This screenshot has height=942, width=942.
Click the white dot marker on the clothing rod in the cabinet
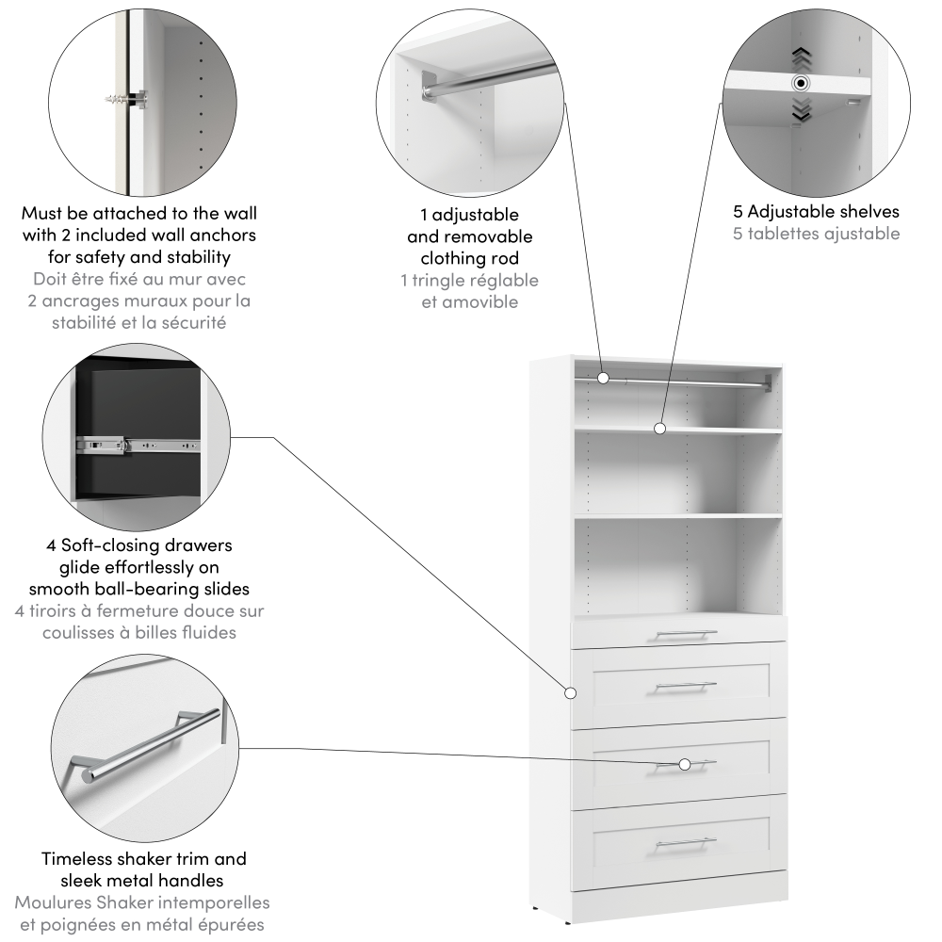pyautogui.click(x=603, y=378)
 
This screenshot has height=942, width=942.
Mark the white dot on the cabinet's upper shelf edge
pyautogui.click(x=659, y=429)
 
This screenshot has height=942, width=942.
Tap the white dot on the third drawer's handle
pyautogui.click(x=684, y=764)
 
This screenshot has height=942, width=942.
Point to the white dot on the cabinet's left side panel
pyautogui.click(x=570, y=693)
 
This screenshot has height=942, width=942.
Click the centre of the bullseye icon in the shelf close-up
pyautogui.click(x=800, y=83)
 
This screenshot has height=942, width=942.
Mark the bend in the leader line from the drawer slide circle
pyautogui.click(x=274, y=437)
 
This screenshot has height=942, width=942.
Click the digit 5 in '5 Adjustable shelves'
pyautogui.click(x=738, y=211)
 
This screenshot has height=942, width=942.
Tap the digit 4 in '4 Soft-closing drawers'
pyautogui.click(x=52, y=545)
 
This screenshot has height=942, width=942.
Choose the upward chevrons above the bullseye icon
pyautogui.click(x=802, y=58)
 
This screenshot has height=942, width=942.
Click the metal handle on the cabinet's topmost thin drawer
pyautogui.click(x=686, y=635)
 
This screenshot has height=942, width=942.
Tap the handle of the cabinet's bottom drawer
pyautogui.click(x=686, y=844)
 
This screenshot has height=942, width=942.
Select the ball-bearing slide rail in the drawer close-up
pyautogui.click(x=138, y=446)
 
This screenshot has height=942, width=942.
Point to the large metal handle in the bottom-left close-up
pyautogui.click(x=146, y=742)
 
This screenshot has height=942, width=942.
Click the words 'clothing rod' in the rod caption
pyautogui.click(x=470, y=258)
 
